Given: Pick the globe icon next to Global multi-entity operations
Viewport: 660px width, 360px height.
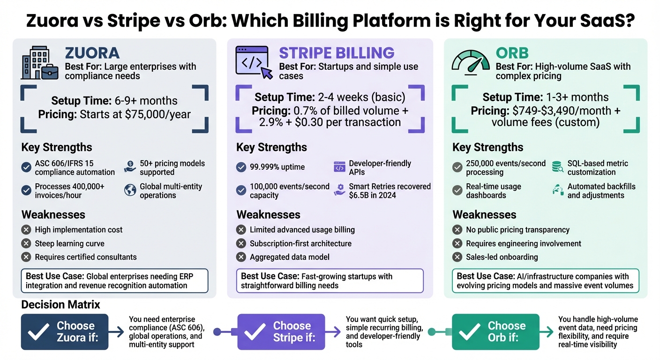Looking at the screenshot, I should click(x=130, y=190).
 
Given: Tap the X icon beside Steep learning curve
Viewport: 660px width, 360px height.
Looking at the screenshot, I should click(x=26, y=243).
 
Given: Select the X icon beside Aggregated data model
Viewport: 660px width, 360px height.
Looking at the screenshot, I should click(x=241, y=257).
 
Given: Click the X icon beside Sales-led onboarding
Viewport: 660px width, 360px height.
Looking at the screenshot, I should click(x=457, y=257).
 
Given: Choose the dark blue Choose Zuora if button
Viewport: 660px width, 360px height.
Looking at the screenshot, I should click(x=65, y=331).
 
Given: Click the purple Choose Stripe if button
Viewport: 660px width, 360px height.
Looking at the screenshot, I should click(x=281, y=331).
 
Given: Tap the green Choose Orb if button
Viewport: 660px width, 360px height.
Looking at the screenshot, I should click(x=495, y=331).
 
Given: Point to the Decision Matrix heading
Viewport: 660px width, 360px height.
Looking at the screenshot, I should click(x=61, y=305).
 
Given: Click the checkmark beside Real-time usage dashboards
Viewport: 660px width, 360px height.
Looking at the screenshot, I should click(x=457, y=190).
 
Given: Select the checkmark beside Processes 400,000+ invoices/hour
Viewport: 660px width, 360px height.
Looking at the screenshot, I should click(x=26, y=190).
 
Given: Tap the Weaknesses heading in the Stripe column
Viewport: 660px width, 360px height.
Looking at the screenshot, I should click(x=269, y=215).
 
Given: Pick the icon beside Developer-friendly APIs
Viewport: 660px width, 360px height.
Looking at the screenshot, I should click(x=339, y=167).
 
